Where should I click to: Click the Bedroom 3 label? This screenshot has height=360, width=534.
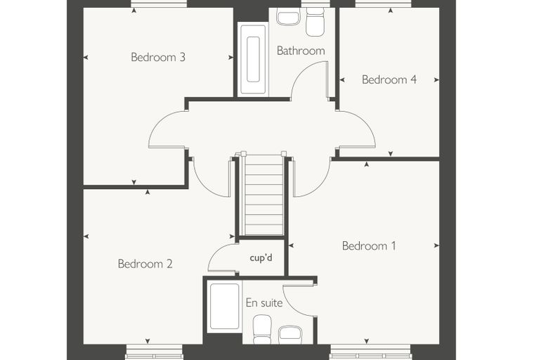[158, 57]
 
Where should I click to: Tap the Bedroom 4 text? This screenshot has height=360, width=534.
[389, 79]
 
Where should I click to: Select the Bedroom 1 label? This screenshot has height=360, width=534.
[369, 246]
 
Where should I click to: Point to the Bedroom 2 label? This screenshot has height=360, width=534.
[145, 264]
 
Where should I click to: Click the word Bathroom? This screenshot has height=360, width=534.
[301, 51]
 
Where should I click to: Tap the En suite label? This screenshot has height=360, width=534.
[264, 303]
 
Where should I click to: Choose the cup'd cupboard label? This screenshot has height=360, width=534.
[261, 258]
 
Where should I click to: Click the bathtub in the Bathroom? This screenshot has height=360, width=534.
[253, 59]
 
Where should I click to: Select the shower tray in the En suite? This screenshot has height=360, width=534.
[224, 306]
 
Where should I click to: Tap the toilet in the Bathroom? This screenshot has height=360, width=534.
[315, 21]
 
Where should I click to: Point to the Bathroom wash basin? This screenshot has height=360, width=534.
[288, 16]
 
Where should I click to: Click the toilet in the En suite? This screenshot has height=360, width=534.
[262, 329]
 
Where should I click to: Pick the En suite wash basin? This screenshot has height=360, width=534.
[289, 335]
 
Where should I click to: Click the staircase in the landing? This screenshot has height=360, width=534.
[263, 193]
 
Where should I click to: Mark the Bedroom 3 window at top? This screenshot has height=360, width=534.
[159, 4]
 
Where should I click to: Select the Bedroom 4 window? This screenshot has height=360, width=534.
[383, 4]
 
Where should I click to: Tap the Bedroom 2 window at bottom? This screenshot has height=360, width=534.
[154, 352]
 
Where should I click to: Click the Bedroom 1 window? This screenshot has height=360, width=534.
[371, 352]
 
